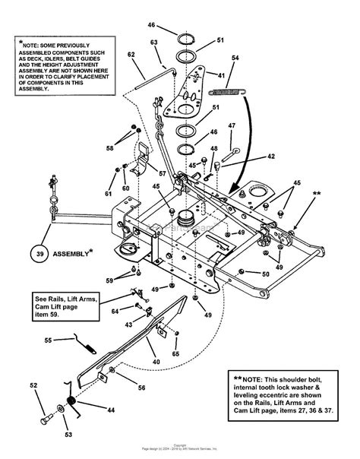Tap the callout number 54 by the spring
click(x=235, y=59)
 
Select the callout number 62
click(x=131, y=55)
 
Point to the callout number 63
click(x=153, y=43)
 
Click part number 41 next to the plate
click(x=221, y=76)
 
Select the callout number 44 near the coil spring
click(x=111, y=410)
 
